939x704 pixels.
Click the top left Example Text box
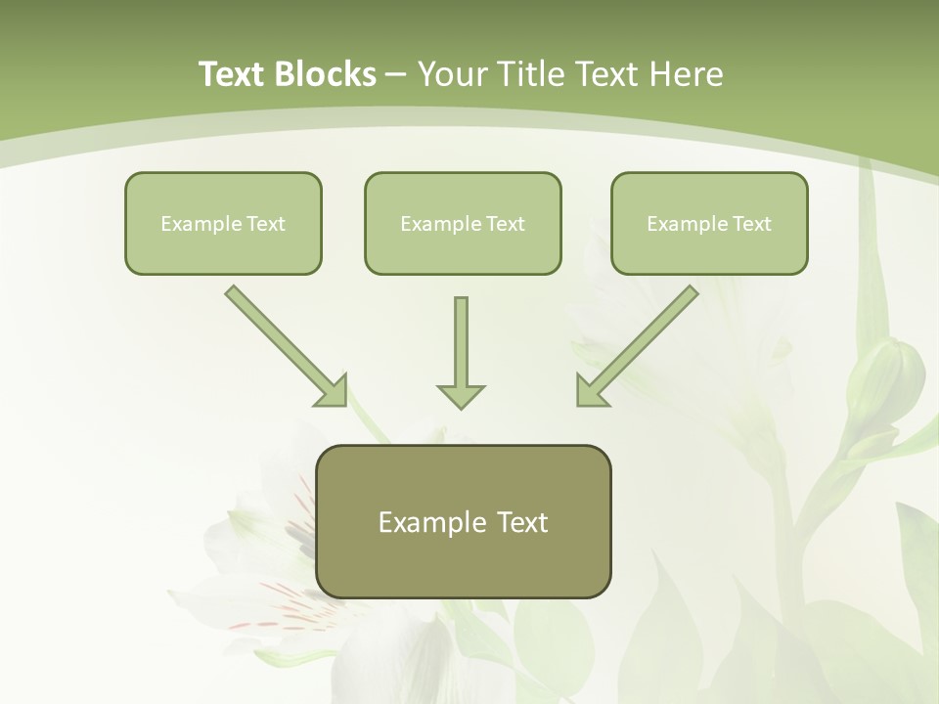[223, 223]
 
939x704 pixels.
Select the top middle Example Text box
[463, 223]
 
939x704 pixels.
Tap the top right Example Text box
[709, 223]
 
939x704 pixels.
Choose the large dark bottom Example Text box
[464, 521]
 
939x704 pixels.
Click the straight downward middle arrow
[461, 342]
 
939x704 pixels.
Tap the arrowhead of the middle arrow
[461, 396]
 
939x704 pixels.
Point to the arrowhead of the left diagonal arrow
[333, 391]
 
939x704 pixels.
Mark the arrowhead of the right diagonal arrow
[591, 390]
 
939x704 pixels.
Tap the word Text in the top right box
[751, 224]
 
